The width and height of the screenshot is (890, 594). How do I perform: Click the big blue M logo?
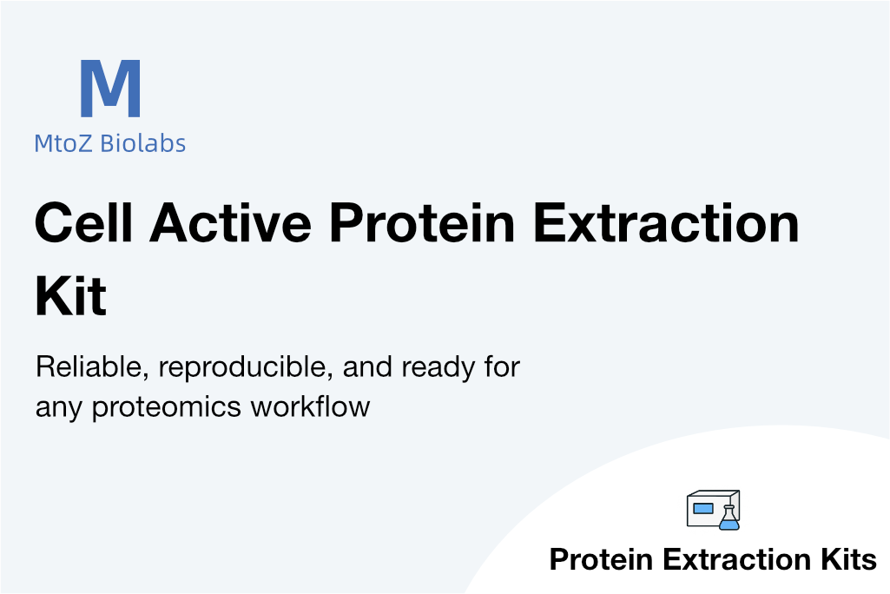tap(110, 88)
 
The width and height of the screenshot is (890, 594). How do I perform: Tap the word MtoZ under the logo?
tap(63, 143)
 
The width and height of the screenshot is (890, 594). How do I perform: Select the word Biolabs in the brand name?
tap(143, 143)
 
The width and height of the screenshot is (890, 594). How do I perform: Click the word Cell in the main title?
tap(84, 222)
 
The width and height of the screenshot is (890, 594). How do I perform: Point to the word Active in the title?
tap(230, 222)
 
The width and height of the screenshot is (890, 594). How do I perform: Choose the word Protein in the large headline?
tap(422, 222)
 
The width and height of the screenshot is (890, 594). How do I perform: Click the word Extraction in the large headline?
tap(666, 222)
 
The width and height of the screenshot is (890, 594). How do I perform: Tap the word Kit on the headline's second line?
tap(71, 295)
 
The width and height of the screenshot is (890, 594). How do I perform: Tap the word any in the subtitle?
tap(58, 410)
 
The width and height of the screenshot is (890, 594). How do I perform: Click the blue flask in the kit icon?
tap(728, 518)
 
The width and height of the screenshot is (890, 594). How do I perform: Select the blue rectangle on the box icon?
tap(703, 508)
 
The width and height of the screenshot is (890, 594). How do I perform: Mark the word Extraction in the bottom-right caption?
tap(737, 559)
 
